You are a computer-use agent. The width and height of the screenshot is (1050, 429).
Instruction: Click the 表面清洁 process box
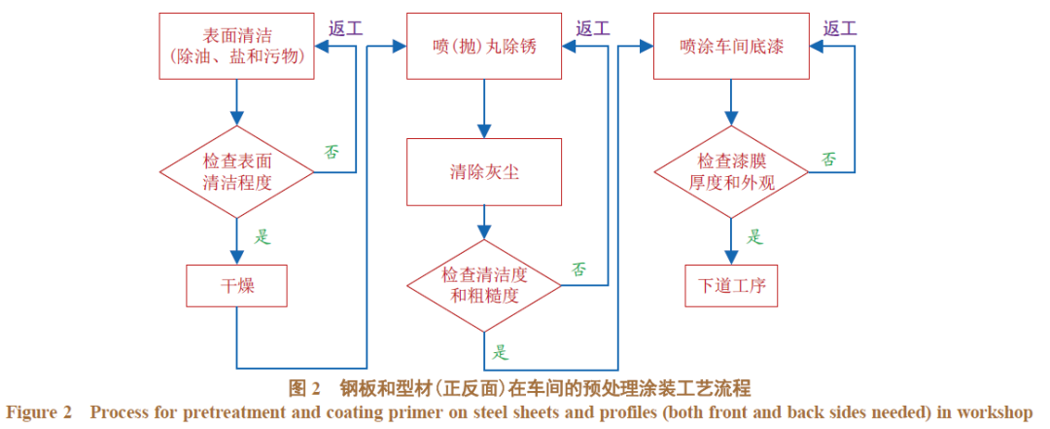[x=236, y=46]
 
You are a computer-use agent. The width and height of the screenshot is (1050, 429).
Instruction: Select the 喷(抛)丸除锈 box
[x=484, y=46]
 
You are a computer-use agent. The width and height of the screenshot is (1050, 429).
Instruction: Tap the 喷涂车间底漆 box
[x=731, y=46]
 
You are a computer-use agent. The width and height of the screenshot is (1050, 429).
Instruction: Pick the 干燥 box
[x=236, y=286]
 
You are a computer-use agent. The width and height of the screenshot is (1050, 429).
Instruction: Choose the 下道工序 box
[x=731, y=286]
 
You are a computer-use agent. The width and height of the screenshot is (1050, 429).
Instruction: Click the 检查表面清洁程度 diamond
[x=236, y=171]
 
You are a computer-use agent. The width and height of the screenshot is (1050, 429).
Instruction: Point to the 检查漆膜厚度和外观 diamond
[x=731, y=171]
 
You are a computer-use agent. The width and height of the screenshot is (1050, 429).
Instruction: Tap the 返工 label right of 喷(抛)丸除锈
[x=592, y=28]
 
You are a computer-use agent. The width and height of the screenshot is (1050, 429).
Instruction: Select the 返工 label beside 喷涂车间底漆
[x=839, y=28]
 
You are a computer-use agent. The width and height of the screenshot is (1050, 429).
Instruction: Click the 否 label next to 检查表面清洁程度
[x=332, y=152]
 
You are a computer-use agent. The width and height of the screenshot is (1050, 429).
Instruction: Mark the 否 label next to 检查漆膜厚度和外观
[x=828, y=159]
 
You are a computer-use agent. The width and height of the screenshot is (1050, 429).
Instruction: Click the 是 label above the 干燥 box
[x=262, y=234]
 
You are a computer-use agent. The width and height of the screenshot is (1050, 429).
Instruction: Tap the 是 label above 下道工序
[x=755, y=235]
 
